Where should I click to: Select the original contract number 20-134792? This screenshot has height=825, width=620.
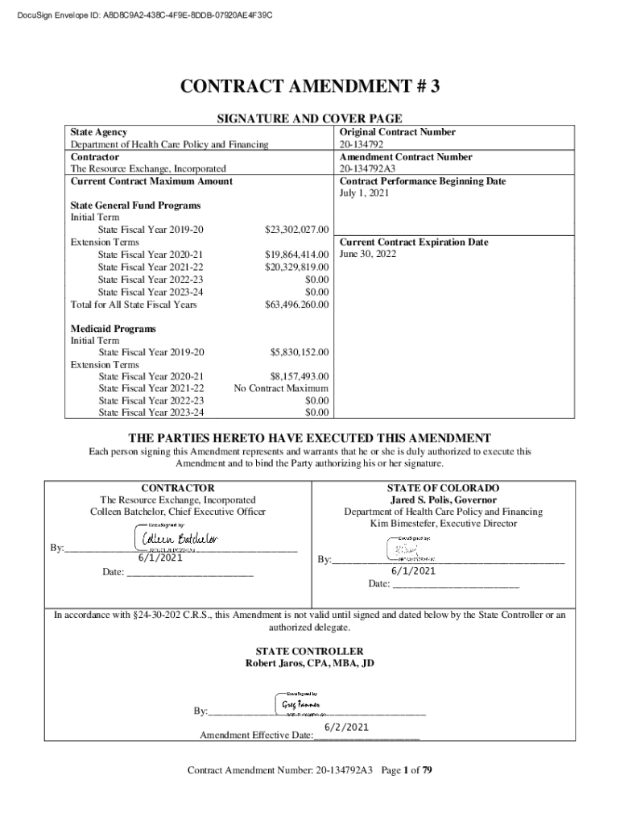(x=362, y=145)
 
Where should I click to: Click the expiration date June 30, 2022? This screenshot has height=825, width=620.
(x=368, y=254)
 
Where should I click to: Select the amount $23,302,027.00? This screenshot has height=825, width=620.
(x=297, y=230)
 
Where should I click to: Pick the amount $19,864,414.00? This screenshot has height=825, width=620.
(x=297, y=255)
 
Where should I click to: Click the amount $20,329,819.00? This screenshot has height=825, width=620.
(x=297, y=267)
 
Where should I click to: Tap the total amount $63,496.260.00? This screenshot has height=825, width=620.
(x=297, y=305)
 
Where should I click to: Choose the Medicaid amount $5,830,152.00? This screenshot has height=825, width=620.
(x=300, y=353)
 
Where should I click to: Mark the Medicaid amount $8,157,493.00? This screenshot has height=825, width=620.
(x=300, y=376)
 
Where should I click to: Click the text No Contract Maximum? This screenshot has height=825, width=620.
(x=281, y=388)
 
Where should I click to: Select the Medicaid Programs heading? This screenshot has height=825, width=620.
(x=102, y=329)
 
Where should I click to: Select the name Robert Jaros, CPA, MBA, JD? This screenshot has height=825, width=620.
(x=309, y=663)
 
